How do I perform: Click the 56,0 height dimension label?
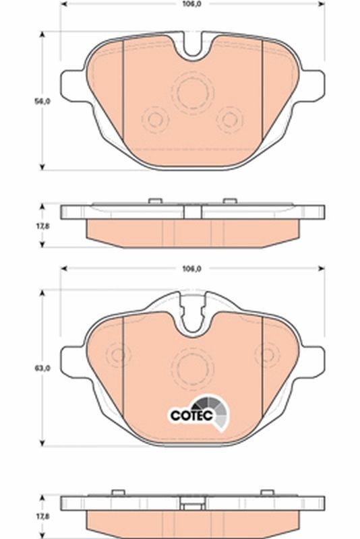pos(42,102)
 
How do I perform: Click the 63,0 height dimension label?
pos(42,369)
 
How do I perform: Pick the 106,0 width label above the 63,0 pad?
pos(193,269)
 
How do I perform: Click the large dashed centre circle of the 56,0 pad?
pos(192,92)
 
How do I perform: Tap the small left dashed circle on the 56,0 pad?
pos(156,120)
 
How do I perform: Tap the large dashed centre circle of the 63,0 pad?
pos(192,364)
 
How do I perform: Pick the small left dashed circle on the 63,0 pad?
pos(119,354)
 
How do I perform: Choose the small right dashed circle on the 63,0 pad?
pos(267,354)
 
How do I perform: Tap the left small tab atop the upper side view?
pos(154,200)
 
